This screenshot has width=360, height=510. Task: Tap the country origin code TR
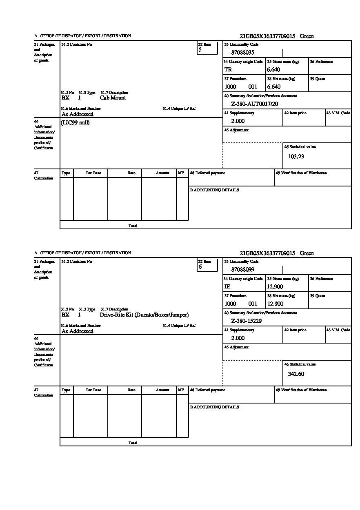tap(228, 70)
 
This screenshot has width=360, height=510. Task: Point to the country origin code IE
tap(227, 287)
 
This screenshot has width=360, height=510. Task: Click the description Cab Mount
tap(113, 98)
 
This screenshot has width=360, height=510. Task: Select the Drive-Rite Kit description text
tap(144, 315)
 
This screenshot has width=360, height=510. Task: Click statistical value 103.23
tap(296, 156)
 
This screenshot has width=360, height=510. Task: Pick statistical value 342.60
tap(296, 374)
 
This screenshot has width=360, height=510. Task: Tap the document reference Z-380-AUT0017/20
tap(254, 104)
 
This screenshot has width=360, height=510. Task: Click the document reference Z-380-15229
tap(246, 321)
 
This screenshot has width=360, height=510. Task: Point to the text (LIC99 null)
tap(76, 123)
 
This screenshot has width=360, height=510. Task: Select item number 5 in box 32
tap(200, 50)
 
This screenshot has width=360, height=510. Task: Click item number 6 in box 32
tap(200, 267)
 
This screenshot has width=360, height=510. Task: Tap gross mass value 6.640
tap(273, 70)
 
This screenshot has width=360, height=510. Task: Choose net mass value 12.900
tap(275, 304)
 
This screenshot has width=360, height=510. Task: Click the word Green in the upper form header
tap(307, 36)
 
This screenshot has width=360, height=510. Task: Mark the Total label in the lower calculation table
tap(133, 443)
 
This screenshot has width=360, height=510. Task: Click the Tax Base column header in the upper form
tap(93, 173)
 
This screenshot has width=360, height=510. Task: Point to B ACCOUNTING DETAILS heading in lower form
tap(214, 407)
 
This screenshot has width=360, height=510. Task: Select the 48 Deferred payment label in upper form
tap(207, 173)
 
